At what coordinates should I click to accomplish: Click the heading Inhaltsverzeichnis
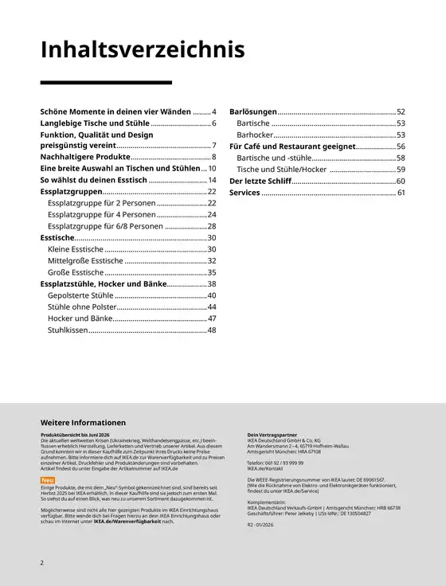point(143,50)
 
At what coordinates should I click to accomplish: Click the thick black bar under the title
point(106,82)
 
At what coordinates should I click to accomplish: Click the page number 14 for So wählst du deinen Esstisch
point(212,181)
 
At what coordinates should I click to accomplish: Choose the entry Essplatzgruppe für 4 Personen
point(101,215)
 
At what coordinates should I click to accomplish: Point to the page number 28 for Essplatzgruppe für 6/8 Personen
point(212,227)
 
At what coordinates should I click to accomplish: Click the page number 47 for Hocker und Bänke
point(212,318)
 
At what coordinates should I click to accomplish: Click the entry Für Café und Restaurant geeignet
point(291,146)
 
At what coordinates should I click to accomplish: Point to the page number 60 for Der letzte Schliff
point(401,182)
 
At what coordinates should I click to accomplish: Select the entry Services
point(245,193)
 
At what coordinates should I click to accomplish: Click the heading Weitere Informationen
point(83,422)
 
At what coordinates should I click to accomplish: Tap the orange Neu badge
point(47,480)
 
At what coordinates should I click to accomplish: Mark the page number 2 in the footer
point(42,563)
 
